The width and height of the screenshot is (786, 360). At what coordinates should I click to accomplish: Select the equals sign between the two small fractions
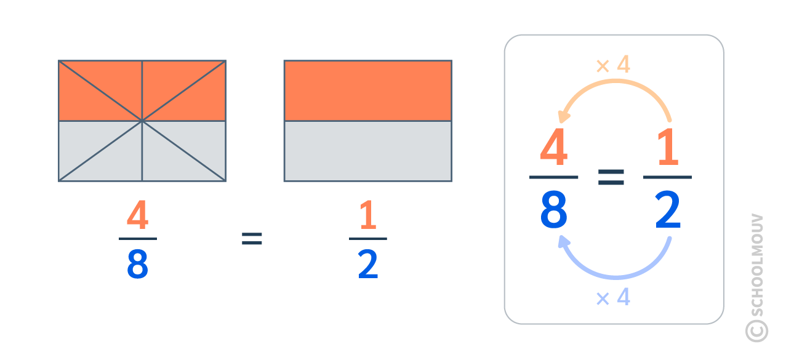pyautogui.click(x=252, y=239)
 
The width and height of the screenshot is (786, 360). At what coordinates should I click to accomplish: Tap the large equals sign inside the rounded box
pyautogui.click(x=611, y=178)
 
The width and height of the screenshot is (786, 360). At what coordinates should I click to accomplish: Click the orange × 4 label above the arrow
pyautogui.click(x=613, y=65)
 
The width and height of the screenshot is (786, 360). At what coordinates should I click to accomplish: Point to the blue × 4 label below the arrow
pyautogui.click(x=613, y=298)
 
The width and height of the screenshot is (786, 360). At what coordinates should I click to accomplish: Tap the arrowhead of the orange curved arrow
pyautogui.click(x=563, y=117)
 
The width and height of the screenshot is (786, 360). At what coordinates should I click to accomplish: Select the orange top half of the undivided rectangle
pyautogui.click(x=367, y=90)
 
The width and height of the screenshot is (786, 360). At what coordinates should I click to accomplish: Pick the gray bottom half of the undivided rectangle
pyautogui.click(x=367, y=151)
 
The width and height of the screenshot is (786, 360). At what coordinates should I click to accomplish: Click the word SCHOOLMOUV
pyautogui.click(x=757, y=265)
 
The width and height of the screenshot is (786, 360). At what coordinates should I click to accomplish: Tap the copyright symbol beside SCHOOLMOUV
pyautogui.click(x=756, y=330)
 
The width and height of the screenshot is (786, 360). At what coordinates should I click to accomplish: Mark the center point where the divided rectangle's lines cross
pyautogui.click(x=142, y=121)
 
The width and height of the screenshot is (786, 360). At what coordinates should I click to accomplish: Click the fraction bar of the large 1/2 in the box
pyautogui.click(x=667, y=177)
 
